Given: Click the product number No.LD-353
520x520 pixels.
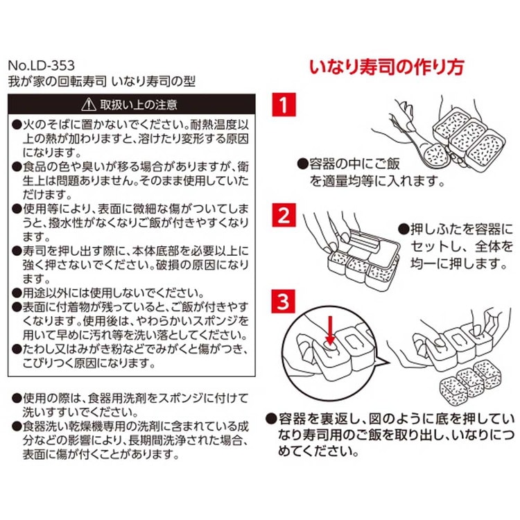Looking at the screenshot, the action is [x=41, y=65].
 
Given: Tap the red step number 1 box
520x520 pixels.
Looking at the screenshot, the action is [x=284, y=105].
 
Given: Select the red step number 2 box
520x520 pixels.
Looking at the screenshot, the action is [x=284, y=215].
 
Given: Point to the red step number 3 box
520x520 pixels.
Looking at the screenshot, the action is [x=283, y=302].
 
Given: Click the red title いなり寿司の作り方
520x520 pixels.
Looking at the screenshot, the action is [x=387, y=67].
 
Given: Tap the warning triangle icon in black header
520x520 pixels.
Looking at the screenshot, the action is [x=89, y=105].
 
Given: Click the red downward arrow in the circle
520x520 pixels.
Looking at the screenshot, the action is [x=330, y=330].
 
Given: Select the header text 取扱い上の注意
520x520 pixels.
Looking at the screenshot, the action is [x=139, y=105].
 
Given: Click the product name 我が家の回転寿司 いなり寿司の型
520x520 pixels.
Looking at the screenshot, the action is [x=101, y=81].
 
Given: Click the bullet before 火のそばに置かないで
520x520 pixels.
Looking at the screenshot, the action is [x=16, y=125].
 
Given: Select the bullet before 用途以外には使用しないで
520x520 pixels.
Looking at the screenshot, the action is [x=16, y=293].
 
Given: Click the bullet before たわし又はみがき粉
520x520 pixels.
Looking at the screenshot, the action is [x=16, y=349].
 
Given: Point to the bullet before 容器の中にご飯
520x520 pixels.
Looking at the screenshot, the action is [x=302, y=164].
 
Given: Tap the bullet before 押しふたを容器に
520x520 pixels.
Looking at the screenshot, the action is [x=404, y=229].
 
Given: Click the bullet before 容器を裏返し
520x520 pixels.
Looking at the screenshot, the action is [x=271, y=419].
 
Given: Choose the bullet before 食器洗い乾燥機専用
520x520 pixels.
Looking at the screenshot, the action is [x=16, y=426].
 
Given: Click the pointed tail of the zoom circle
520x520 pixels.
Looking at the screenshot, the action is [x=389, y=362].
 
